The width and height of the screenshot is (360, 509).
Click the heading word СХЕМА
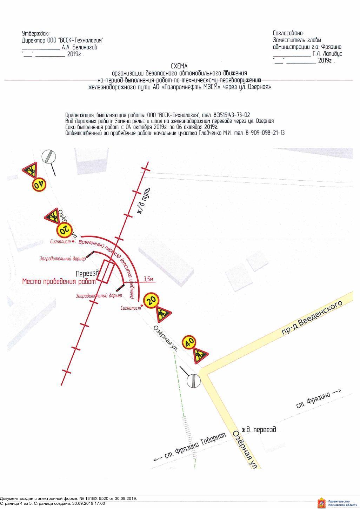179,66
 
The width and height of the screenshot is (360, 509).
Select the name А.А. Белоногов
79,47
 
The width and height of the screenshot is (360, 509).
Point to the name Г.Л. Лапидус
327,54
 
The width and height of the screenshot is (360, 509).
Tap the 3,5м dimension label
148,279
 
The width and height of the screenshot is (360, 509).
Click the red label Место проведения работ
59,281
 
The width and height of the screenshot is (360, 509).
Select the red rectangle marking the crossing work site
105,272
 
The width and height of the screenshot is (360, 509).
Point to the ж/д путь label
144,201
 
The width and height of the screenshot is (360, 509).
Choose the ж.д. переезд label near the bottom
259,430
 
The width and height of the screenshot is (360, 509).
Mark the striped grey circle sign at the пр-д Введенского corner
193,381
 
